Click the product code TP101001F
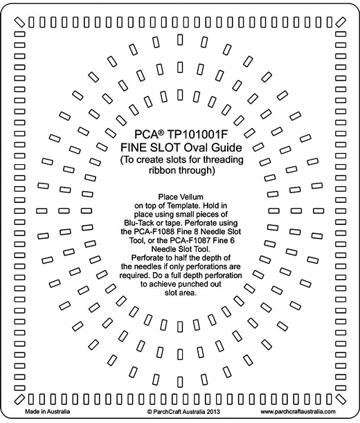coord(197,134)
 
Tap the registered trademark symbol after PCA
coord(161,132)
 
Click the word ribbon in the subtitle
coord(163,170)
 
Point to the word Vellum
coord(191,197)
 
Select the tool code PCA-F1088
coord(152,231)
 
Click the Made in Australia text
coord(48,411)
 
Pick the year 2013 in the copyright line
coord(213,412)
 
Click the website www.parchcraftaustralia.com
coord(298,412)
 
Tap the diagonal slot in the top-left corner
coord(19,22)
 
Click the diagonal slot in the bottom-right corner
coord(341,399)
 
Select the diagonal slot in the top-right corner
coord(341,22)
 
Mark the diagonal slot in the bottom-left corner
coord(19,399)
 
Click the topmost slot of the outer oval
coord(180,40)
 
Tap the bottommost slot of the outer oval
coord(180,381)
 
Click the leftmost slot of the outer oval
coord(42,210)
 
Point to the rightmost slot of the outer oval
coord(318,210)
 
